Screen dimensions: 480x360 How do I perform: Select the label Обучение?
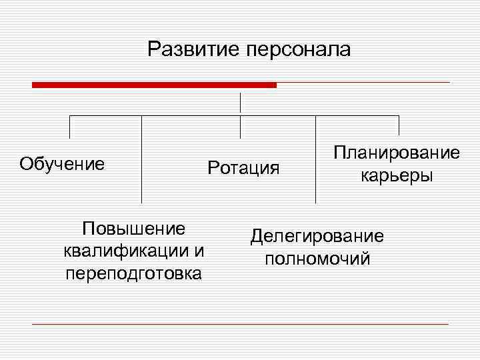click(62, 164)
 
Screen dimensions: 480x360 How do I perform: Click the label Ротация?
click(243, 167)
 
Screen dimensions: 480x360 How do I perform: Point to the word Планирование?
click(397, 153)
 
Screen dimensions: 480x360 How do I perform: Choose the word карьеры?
click(397, 176)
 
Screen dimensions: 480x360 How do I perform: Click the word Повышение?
click(133, 229)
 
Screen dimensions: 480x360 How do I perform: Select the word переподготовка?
click(133, 273)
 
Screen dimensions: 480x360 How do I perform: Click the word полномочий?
click(317, 259)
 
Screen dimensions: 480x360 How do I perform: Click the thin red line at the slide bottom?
click(240, 324)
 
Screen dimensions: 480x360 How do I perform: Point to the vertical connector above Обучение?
click(70, 128)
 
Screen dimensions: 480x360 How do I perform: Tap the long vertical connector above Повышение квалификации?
click(141, 160)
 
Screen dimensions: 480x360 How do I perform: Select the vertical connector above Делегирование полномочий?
click(315, 160)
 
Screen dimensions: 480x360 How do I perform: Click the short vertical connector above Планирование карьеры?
click(398, 125)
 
